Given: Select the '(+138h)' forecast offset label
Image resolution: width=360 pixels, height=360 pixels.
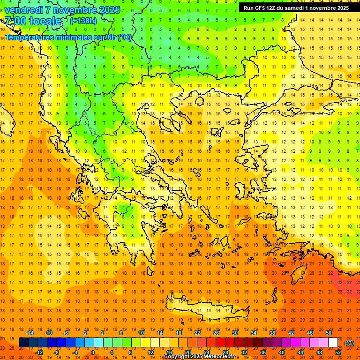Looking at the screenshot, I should [83, 21].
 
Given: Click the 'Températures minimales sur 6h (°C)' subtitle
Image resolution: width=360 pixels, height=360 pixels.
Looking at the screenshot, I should [68, 37].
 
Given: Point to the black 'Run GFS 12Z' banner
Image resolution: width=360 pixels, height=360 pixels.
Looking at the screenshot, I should [296, 8].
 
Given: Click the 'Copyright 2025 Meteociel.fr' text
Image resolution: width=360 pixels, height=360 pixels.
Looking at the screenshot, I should [199, 357].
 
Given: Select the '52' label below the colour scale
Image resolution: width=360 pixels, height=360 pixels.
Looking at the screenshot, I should [338, 352].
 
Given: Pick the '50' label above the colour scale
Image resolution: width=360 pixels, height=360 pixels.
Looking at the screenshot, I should [328, 333].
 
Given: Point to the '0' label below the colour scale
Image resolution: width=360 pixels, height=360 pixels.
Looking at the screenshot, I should [93, 352].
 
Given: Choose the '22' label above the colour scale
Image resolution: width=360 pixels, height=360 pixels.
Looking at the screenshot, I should [197, 333].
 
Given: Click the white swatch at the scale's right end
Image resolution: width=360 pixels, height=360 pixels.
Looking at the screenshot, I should [333, 343].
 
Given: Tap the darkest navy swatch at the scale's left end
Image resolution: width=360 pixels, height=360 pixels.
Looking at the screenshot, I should [24, 343].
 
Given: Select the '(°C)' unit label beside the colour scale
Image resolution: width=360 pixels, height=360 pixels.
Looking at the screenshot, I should [349, 343].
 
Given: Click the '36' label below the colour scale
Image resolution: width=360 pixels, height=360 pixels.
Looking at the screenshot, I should [263, 352].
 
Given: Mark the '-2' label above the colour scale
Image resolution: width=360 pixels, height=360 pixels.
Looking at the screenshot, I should [84, 333].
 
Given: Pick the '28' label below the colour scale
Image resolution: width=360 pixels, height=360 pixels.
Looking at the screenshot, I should [225, 352].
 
